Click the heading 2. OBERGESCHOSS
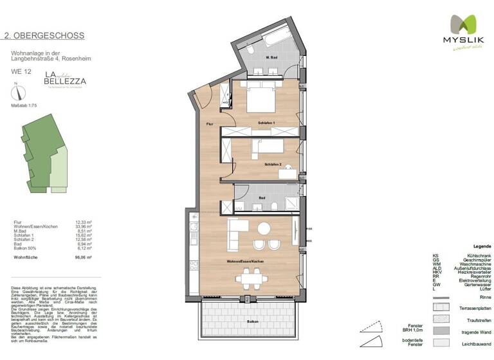44,36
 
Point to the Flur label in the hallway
210,123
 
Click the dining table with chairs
251,280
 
